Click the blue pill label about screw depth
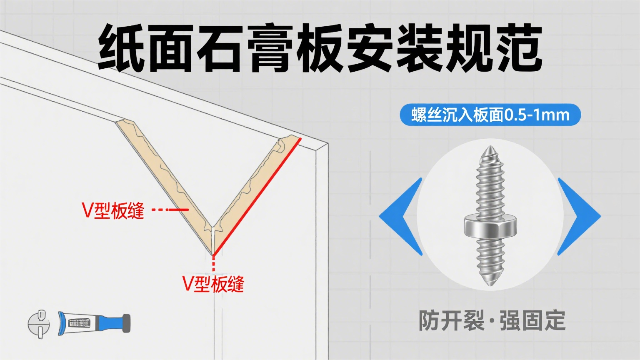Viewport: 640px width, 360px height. [490, 115]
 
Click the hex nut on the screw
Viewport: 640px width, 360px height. [490, 227]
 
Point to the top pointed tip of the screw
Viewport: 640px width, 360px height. [489, 148]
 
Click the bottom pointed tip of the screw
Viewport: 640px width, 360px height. [491, 284]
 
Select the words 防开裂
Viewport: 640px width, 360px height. [451, 320]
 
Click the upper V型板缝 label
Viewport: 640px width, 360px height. [113, 210]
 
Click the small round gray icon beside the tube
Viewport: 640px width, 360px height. [39, 324]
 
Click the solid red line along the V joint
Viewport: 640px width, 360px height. [257, 196]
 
